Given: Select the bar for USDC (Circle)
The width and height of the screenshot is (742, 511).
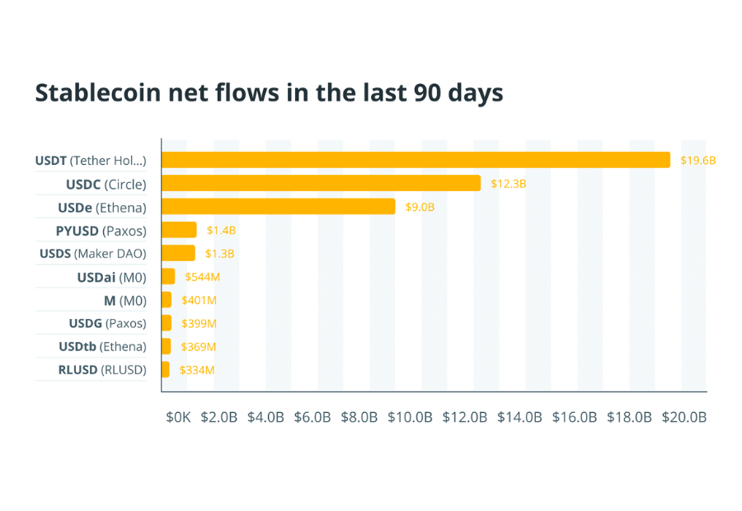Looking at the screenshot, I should tap(321, 183).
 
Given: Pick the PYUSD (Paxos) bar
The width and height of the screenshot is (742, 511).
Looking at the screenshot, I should tap(179, 230).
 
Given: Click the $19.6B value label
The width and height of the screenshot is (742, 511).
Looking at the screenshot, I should tap(697, 161).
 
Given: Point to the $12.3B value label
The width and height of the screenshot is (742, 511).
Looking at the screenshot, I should tap(508, 184).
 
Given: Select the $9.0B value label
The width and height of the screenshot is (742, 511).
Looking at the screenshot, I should tap(420, 207).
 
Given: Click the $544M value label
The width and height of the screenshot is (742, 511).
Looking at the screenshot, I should tap(201, 277).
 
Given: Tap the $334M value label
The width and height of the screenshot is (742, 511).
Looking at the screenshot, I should tap(198, 370).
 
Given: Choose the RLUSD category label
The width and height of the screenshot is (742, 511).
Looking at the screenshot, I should tap(102, 370).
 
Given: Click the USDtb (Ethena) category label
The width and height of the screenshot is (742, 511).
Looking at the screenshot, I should tap(102, 346).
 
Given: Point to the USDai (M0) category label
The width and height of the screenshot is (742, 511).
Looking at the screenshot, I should tap(112, 277).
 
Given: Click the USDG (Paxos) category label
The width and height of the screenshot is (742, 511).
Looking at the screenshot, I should tap(107, 323).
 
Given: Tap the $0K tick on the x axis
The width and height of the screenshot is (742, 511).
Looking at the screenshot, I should tap(178, 417).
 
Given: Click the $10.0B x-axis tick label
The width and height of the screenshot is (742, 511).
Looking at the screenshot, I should tap(411, 417).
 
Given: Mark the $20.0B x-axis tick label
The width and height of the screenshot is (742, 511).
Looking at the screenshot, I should tap(684, 417).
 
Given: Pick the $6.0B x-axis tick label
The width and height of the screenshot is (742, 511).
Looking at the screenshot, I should tap(312, 417).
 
